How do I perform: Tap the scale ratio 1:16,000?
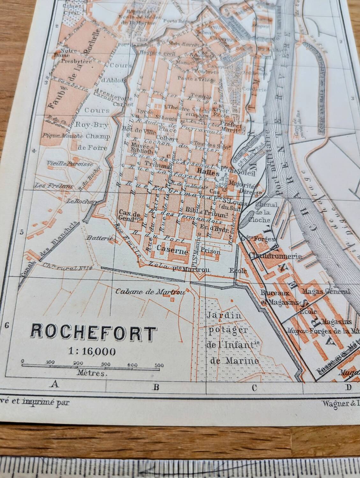[92, 351]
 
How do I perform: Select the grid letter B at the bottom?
[156, 387]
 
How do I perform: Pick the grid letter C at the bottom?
[254, 388]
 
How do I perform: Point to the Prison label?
[211, 251]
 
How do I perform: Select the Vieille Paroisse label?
[70, 164]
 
